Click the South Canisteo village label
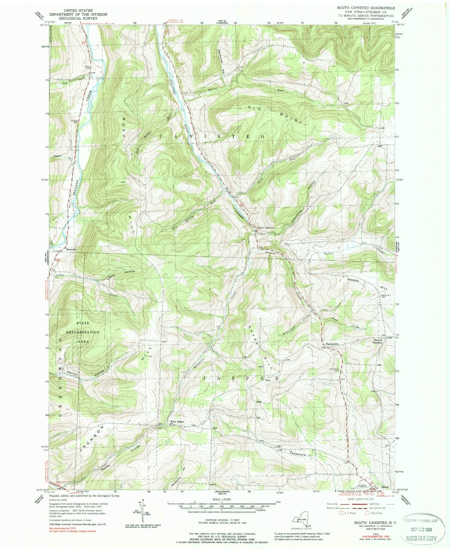point(265,228)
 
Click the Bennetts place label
point(71,249)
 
